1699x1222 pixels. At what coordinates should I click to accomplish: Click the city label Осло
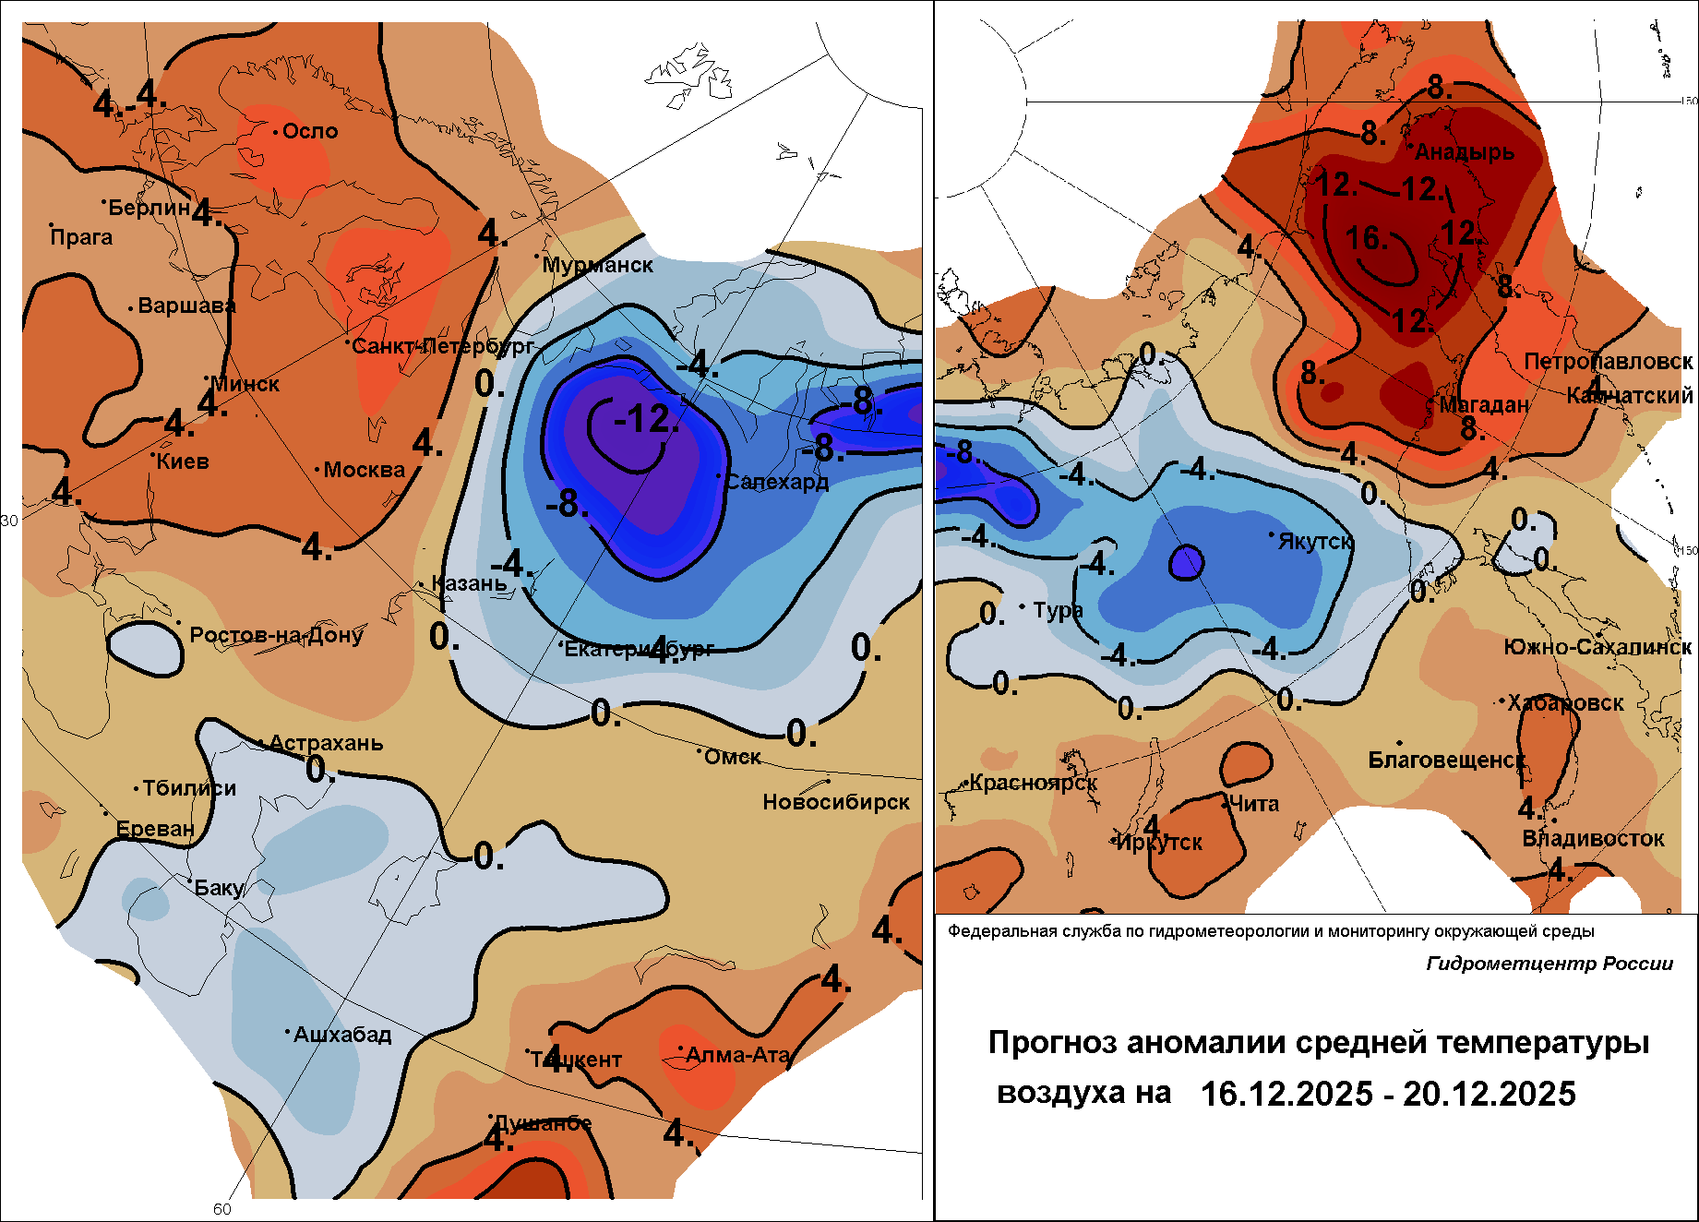pos(310,131)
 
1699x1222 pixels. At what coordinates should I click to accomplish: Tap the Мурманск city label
pos(597,265)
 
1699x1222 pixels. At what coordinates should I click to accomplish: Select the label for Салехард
pos(776,482)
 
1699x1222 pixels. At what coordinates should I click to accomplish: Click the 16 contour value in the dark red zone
pos(1366,239)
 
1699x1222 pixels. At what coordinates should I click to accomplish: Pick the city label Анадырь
pos(1465,152)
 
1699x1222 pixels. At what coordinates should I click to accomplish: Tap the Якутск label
pos(1315,541)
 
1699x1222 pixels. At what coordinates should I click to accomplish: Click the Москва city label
pos(364,470)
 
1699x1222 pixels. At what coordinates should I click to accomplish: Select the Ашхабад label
pos(342,1035)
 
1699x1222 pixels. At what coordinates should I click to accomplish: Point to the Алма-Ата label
pos(738,1055)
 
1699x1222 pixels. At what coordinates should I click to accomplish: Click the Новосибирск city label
pos(836,802)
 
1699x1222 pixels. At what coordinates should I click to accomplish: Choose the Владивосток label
pos(1593,838)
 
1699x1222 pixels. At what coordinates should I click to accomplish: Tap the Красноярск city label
pos(1034,783)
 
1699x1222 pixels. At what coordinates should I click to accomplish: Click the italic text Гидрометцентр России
pos(1549,964)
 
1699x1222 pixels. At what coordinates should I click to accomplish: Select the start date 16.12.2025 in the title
pos(1286,1094)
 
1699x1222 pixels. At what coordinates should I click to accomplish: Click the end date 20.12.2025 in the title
pos(1490,1094)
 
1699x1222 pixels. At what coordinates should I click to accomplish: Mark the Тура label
pos(1058,610)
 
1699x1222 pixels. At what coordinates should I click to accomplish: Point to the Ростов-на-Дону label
pos(276,635)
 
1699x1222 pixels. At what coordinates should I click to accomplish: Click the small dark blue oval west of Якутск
pos(1187,561)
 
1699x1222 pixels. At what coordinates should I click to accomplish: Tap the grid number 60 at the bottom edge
pos(222,1209)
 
